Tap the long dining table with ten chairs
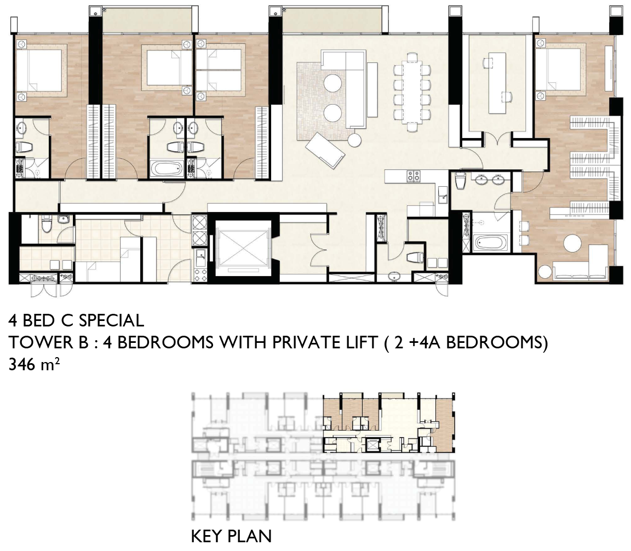(x=412, y=93)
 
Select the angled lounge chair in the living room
(x=325, y=150)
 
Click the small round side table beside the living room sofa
(x=355, y=140)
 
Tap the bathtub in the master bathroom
(x=487, y=244)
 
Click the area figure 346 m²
(x=34, y=365)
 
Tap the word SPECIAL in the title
(x=112, y=320)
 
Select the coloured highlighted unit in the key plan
(x=389, y=423)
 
